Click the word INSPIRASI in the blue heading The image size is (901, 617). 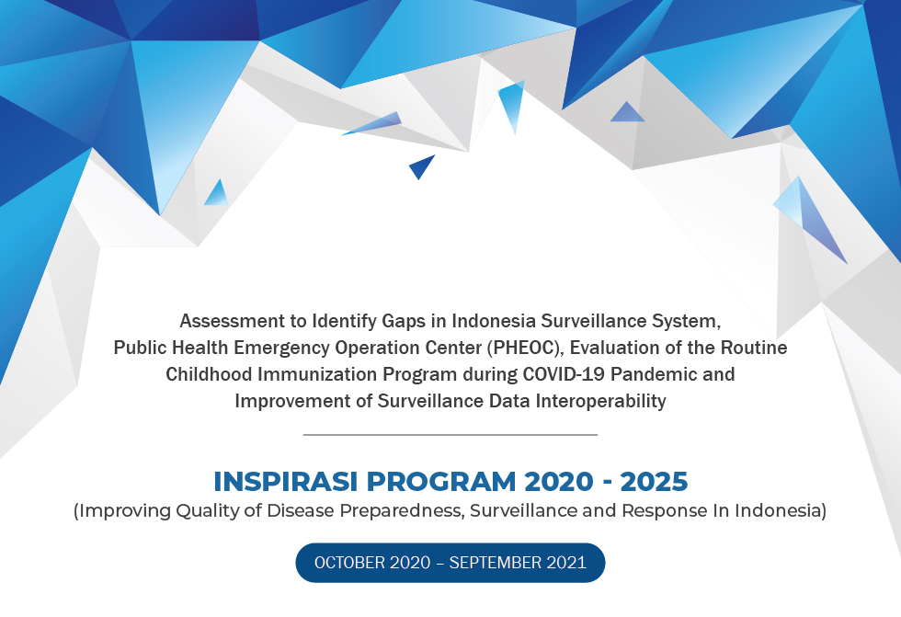[x=286, y=482]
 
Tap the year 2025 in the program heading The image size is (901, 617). [x=654, y=482]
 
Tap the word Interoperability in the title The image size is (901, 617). [x=601, y=401]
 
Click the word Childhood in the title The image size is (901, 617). [x=209, y=374]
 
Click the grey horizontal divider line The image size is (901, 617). [x=450, y=435]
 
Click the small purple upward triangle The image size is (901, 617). [x=627, y=113]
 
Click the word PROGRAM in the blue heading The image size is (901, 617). [x=441, y=482]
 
